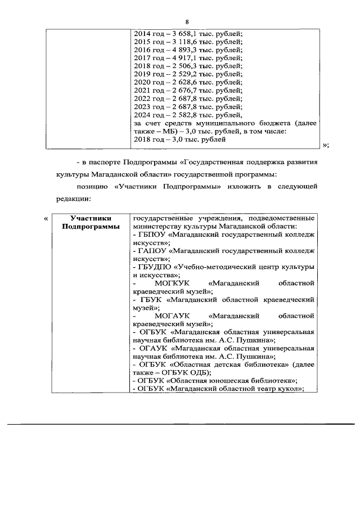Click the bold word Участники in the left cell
pyautogui.click(x=91, y=218)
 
